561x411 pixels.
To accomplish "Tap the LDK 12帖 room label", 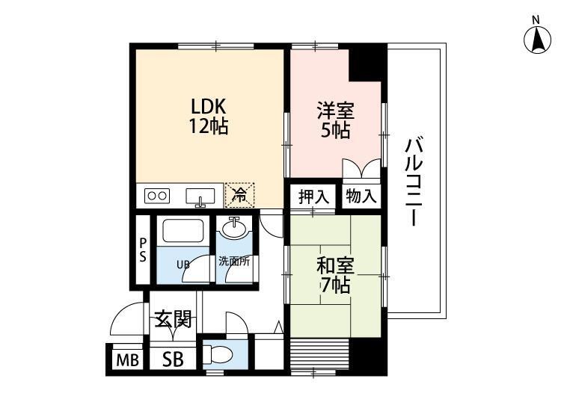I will [208, 116].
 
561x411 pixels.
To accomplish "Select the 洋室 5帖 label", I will [334, 120].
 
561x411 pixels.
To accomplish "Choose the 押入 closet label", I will [313, 197].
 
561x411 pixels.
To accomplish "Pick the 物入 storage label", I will [361, 197].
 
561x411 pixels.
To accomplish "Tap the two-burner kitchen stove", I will [158, 196].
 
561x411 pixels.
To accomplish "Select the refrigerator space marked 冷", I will [239, 195].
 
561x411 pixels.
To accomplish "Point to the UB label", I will [183, 265].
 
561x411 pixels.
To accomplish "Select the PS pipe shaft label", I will [143, 250].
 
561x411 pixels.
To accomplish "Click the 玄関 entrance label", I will [173, 321].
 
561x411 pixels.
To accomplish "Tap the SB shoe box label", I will [173, 360].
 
